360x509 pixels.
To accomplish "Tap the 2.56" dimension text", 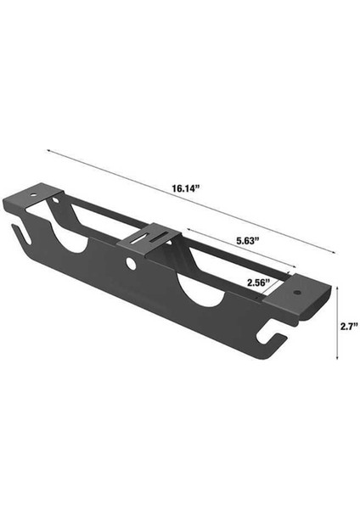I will pyautogui.click(x=258, y=282).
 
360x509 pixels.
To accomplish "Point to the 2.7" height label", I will pyautogui.click(x=348, y=325).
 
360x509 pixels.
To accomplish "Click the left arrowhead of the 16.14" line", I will pyautogui.click(x=48, y=151).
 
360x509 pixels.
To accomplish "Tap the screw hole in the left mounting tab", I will pyautogui.click(x=59, y=200).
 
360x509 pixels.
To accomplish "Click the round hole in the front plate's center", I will pyautogui.click(x=133, y=264).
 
